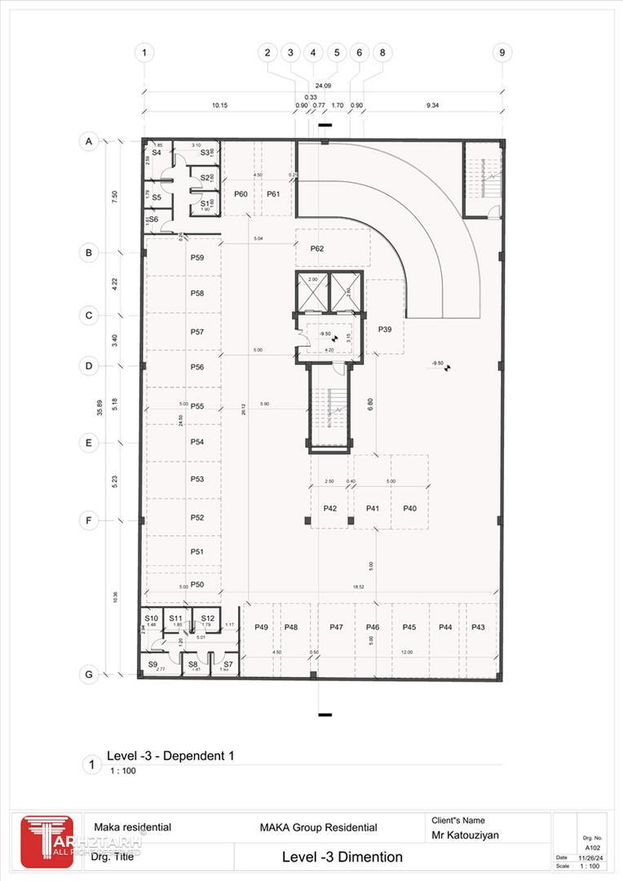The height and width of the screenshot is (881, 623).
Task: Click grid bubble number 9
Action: point(502,52)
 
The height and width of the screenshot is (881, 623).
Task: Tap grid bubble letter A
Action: point(89,142)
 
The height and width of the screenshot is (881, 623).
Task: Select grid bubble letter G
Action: point(89,675)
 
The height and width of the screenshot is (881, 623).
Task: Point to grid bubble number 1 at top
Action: point(144,52)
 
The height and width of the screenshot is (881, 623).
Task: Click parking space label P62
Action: point(316,248)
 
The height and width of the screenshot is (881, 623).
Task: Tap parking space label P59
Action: point(197,258)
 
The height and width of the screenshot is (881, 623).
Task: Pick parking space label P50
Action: point(197,584)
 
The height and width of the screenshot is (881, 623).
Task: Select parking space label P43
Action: point(478,626)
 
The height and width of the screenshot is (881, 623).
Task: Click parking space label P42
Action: point(330,508)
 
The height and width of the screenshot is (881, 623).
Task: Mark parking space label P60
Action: point(241,194)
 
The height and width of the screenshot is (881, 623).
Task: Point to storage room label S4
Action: point(156,153)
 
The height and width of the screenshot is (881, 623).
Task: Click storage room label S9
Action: point(152,665)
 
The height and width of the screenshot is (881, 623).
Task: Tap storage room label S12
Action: point(207,618)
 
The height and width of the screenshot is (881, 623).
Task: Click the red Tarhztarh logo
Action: point(46,840)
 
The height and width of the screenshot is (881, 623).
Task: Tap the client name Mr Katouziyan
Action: point(466,835)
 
